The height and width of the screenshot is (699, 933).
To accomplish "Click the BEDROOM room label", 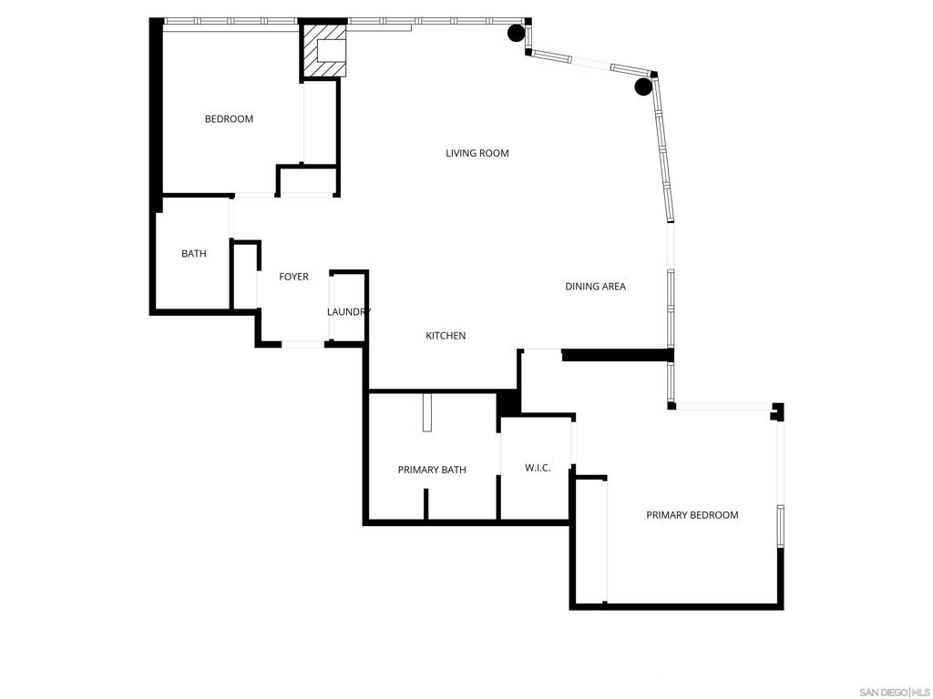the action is coord(229,119).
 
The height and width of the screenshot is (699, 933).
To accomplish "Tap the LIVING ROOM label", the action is coord(477,153).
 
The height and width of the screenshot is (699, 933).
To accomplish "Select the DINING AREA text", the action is coord(595,287).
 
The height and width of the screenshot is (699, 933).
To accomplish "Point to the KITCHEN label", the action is coord(446,336).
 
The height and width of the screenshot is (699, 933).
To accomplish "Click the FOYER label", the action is coord(294,277).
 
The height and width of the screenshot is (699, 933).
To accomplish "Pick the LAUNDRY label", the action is coord(349,311).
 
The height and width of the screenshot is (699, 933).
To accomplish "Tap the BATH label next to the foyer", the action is coord(194,254).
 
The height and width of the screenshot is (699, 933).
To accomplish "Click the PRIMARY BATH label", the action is coord(432,470).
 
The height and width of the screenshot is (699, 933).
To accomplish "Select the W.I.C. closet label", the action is coord(538,468).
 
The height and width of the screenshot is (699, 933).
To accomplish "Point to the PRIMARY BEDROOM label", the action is coord(692,515).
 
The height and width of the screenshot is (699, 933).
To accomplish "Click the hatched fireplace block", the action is coord(323,51).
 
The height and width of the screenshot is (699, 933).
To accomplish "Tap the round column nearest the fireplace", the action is coord(516,33).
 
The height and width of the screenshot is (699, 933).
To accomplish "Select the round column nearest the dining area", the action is coord(643,86).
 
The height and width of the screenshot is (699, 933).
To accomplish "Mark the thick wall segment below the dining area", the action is coord(618,355).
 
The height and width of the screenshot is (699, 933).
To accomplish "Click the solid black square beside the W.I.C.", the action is coord(508,403).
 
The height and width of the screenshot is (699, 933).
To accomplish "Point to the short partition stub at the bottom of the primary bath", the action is coord(426,504).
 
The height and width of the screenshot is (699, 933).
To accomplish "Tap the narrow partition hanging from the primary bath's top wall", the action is coord(426,412).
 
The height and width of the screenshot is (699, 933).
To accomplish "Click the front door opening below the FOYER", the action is coord(302,343).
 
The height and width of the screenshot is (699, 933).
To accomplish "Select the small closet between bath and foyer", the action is coord(244,275).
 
